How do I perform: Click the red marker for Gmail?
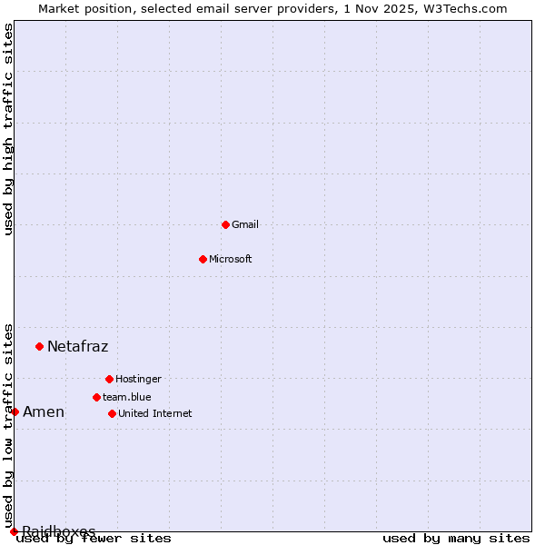coord(225,224)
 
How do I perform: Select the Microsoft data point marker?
coord(203,259)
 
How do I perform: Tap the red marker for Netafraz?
coord(39,346)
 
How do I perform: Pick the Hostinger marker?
coord(109,379)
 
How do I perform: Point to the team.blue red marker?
coord(96,397)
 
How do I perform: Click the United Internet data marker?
coord(112,413)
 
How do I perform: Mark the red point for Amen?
coord(15,411)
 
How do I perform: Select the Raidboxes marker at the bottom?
coord(14,531)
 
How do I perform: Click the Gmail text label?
coord(245,224)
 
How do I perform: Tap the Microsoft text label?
coord(231,259)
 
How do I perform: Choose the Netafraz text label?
coord(77,346)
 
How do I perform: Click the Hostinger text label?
coord(138,379)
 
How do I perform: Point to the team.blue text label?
coord(127,397)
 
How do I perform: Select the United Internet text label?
coord(155,413)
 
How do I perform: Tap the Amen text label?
coord(44,411)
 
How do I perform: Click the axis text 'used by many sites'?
coord(456,539)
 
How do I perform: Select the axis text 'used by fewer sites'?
coord(94,539)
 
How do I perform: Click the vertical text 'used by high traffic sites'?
coord(8,129)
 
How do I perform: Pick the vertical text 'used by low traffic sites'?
coord(8,425)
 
